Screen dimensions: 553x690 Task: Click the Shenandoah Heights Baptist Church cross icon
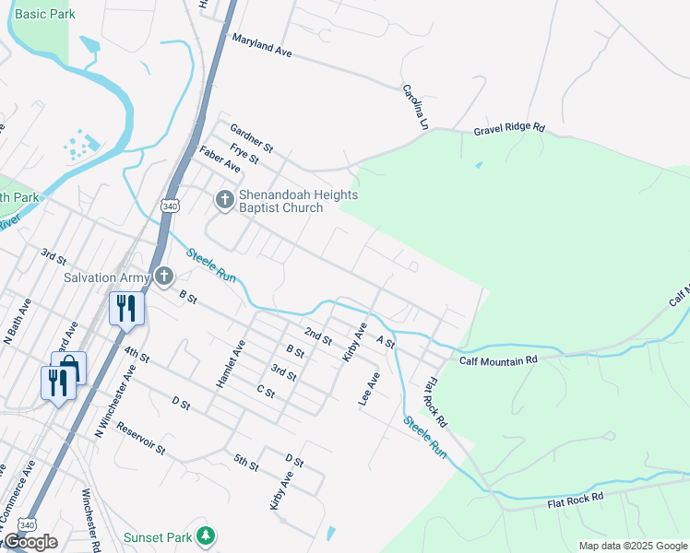point(224,199)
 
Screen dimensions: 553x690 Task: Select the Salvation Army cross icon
point(163,276)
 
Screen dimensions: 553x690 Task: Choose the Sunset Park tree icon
point(208,535)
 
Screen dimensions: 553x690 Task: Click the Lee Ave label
point(369,388)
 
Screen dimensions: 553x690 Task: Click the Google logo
point(30,542)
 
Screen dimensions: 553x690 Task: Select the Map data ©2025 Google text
point(633,546)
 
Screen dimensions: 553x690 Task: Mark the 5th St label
point(246,463)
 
